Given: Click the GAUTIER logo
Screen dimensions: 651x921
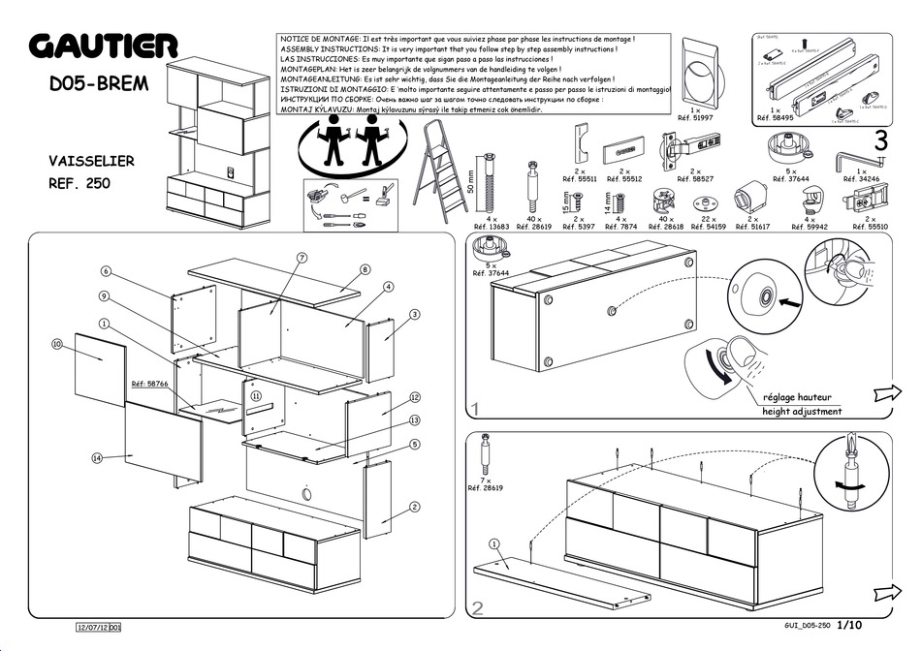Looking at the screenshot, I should click(103, 45).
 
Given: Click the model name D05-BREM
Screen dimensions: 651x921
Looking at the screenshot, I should click(99, 83).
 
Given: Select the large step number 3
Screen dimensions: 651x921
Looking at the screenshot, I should click(880, 140).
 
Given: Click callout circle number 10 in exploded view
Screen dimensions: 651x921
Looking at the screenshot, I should click(57, 344).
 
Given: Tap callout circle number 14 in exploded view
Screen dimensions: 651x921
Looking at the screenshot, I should click(97, 457).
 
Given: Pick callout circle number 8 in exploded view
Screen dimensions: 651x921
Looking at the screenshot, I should click(365, 269).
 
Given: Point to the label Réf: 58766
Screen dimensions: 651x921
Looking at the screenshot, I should click(149, 385).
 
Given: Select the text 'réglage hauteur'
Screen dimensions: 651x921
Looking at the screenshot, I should click(798, 397).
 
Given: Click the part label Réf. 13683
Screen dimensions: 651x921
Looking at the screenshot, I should click(492, 227).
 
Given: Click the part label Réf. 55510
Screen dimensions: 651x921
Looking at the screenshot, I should click(870, 227).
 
